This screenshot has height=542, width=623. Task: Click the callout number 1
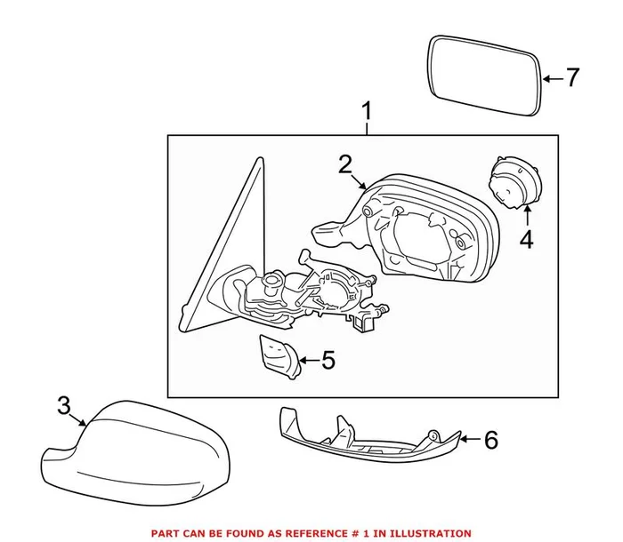[367, 114]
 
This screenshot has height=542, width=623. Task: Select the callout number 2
[344, 163]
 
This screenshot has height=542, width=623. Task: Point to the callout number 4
[527, 240]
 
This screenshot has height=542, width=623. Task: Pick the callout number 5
[328, 361]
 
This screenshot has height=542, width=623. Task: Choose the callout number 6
[492, 439]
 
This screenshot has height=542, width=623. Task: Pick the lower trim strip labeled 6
[365, 442]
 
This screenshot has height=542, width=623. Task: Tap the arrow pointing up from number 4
[527, 214]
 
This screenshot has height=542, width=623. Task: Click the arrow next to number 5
[307, 361]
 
